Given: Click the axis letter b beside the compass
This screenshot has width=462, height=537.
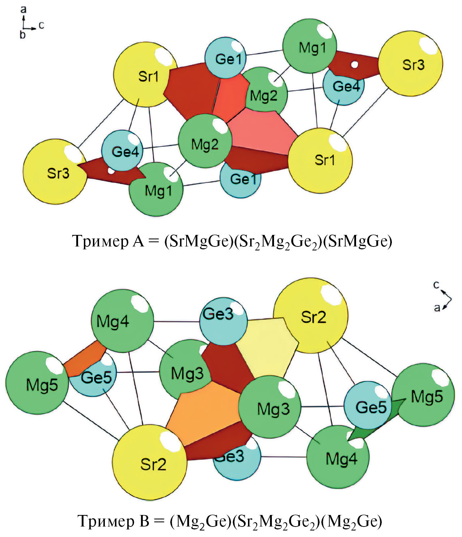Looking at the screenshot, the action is tap(23, 35).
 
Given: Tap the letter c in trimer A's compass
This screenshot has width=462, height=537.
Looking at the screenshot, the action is tap(41, 25).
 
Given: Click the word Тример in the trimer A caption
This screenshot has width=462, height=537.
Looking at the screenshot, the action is tap(100, 241).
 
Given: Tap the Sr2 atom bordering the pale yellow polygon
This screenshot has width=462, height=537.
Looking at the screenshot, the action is tap(311, 315).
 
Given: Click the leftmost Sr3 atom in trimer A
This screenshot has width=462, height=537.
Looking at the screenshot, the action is tap(55, 172).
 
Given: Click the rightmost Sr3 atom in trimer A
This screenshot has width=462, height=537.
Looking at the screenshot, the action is tap(411, 63).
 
